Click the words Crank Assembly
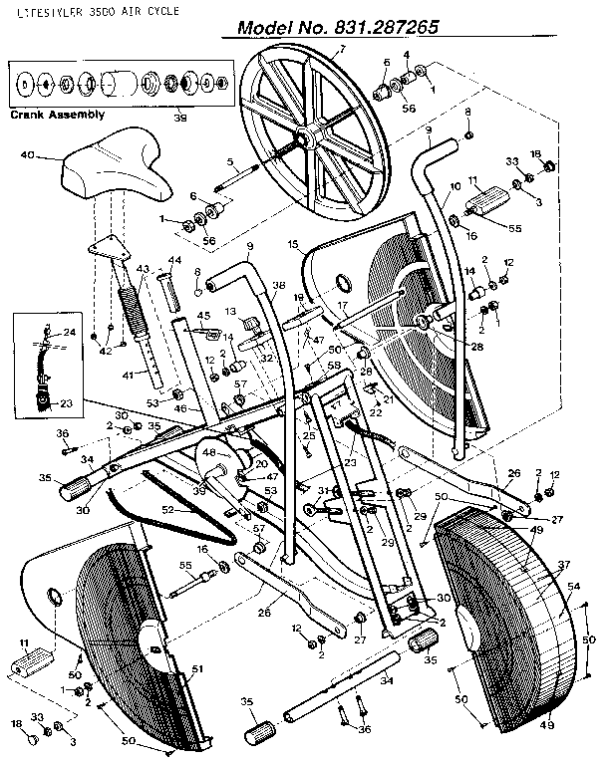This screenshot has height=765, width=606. coord(57,115)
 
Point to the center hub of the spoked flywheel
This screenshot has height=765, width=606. coord(304,136)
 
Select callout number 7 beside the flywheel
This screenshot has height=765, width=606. coord(342,49)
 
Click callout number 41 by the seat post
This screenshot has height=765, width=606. coord(126,377)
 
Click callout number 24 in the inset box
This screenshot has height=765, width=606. coord(70,332)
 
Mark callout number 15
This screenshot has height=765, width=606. coord(294,243)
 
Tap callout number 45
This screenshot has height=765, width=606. coord(203,317)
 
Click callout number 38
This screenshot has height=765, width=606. coord(279,284)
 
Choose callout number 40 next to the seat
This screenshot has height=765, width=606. coord(27,154)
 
